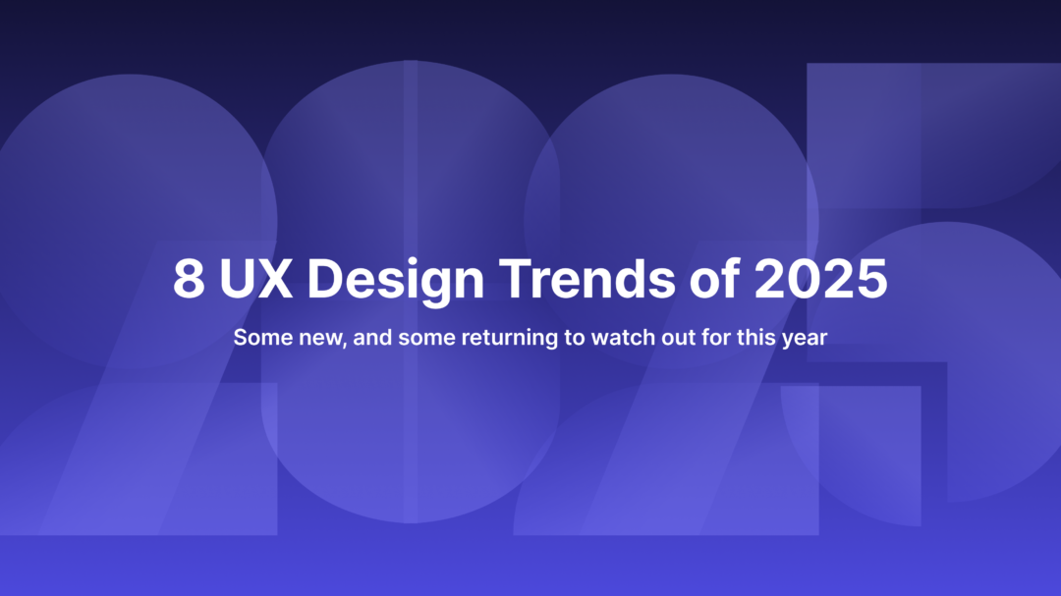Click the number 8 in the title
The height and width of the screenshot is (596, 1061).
pos(189,279)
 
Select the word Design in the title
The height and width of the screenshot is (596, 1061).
pos(396,281)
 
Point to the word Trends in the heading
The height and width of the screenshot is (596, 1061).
pos(586,279)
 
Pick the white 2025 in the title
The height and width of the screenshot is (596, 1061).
pos(820,279)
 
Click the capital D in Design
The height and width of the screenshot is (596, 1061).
pos(323,279)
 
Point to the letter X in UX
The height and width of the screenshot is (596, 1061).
pos(274,279)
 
